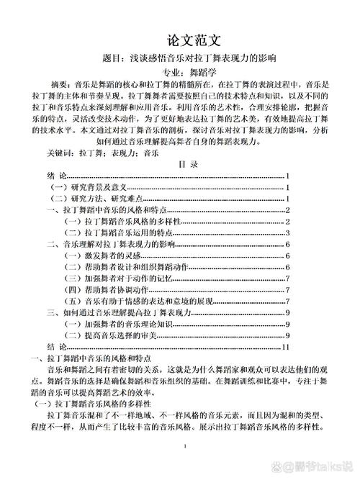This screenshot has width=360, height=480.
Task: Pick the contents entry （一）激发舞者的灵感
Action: coord(97,255)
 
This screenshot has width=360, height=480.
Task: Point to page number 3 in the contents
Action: coord(287,233)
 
